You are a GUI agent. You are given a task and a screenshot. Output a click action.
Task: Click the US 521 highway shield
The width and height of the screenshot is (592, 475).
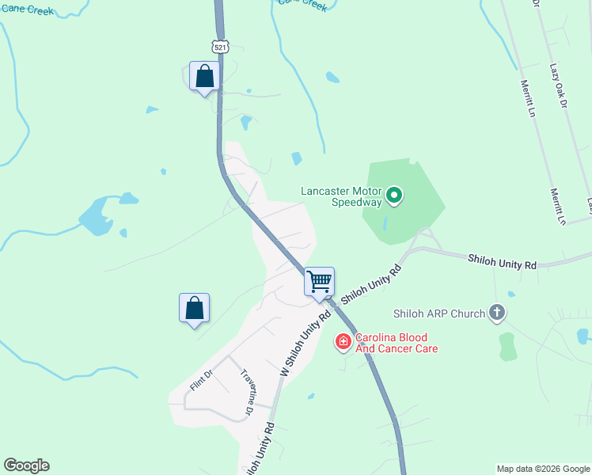pos(221,47)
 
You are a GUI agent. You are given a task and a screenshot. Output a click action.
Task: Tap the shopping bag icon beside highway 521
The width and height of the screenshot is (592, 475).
pos(205,78)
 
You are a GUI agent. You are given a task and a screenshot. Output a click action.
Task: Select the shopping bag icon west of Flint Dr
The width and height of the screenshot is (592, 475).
pos(195,309)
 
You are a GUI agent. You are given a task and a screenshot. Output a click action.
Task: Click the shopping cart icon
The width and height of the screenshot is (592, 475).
pos(320,282)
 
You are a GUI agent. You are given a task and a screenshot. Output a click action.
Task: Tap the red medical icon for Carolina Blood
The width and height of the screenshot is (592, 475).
pos(343,342)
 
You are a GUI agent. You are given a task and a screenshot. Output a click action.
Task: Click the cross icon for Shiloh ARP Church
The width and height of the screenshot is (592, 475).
pos(497,313)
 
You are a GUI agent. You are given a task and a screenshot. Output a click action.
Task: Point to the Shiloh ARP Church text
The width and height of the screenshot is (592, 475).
pos(446,314)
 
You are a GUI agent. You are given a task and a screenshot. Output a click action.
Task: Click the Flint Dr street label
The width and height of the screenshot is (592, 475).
pos(202,381)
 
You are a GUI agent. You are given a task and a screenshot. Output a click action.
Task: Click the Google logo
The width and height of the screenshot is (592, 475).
pos(26,465)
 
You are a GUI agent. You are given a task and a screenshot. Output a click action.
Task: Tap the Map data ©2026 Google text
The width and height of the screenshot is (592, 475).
pos(542,469)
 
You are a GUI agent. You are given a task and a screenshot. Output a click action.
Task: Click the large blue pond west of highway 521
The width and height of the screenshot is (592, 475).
pos(96,217)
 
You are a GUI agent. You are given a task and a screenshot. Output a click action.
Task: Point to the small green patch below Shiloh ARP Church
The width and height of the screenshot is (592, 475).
pos(507,347)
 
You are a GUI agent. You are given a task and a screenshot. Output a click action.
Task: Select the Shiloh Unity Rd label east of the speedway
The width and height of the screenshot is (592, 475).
pos(502,260)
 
